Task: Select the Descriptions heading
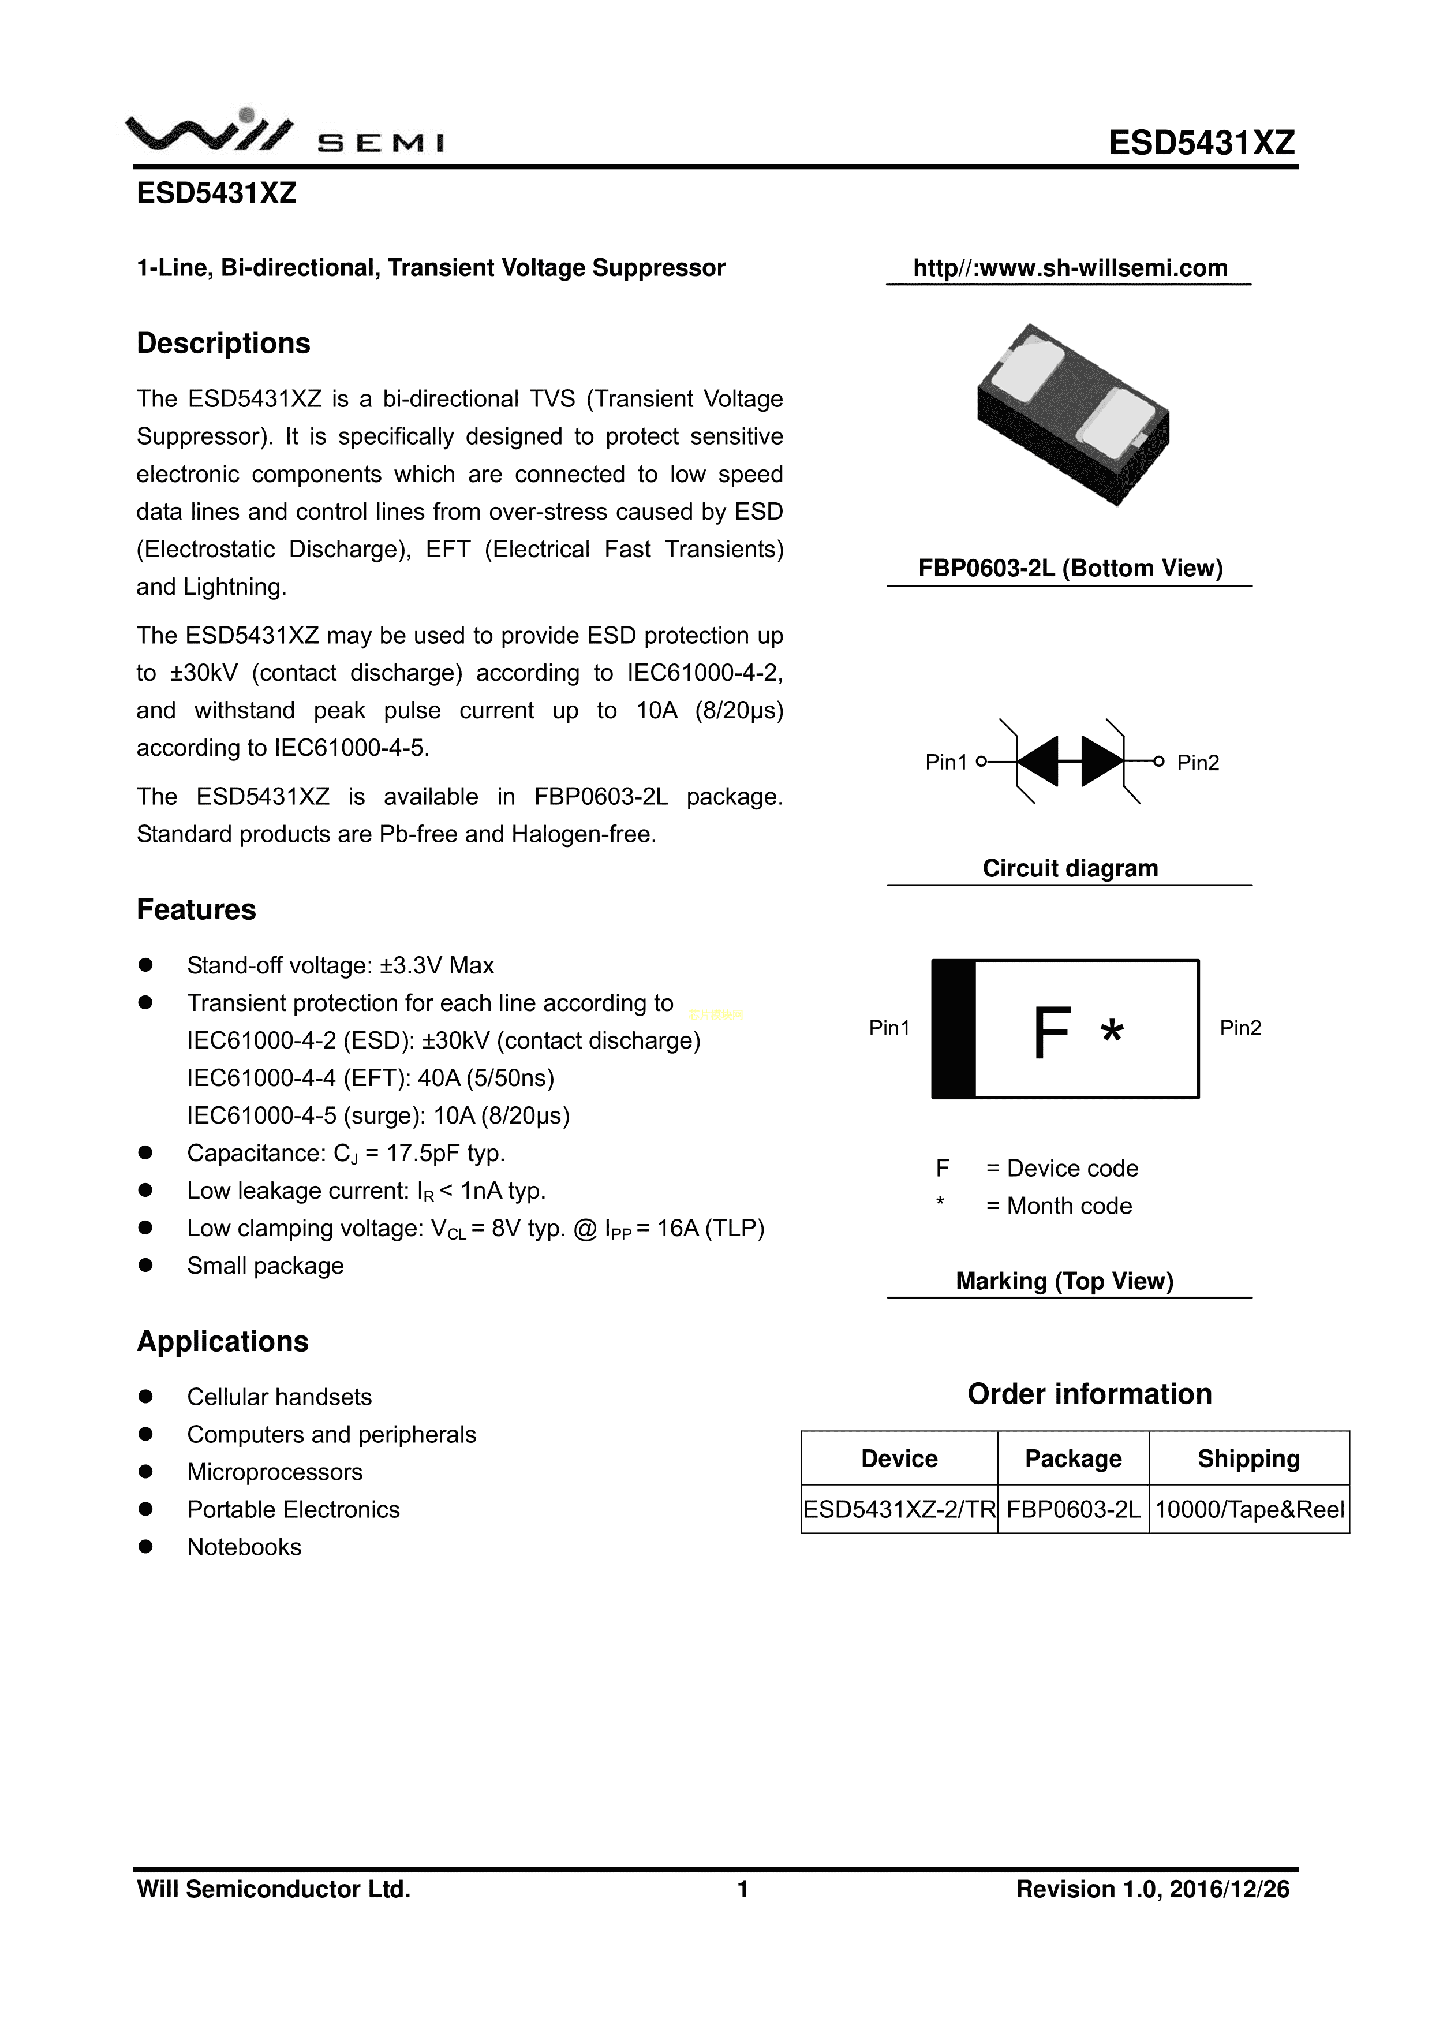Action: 223,344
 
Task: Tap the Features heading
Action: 196,910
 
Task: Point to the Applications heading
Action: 222,1341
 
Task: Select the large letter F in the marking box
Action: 1051,1032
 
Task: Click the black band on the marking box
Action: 954,1029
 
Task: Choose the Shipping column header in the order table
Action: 1248,1458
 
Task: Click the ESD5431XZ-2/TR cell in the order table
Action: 899,1510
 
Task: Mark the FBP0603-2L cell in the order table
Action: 1073,1510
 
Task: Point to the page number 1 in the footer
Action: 743,1889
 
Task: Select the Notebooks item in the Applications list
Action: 244,1547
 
